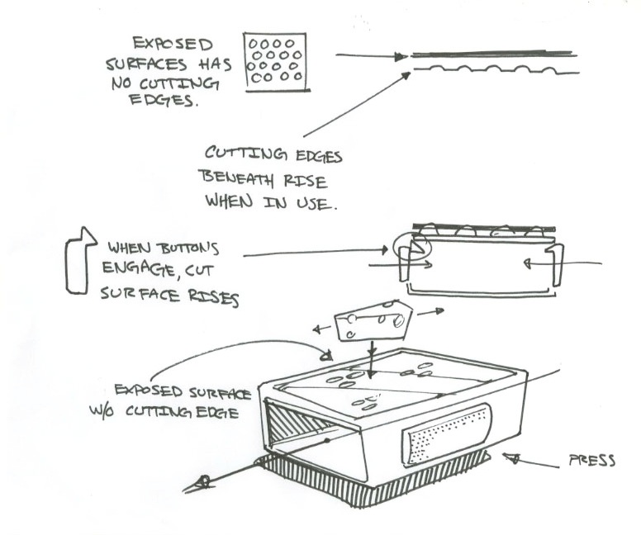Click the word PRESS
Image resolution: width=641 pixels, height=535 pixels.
(x=592, y=461)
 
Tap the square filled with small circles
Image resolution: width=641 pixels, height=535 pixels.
(x=276, y=62)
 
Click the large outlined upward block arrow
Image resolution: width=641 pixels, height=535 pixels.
(x=77, y=263)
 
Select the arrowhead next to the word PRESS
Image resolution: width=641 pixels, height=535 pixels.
(x=510, y=456)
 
